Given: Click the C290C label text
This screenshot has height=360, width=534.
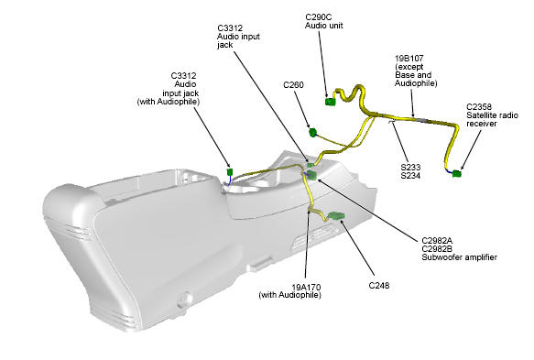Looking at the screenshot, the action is (x=318, y=17).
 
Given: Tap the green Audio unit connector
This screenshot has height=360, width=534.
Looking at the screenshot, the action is (x=330, y=102).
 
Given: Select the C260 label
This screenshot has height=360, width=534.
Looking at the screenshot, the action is (x=293, y=85).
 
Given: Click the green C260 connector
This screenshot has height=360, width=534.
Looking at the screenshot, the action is (x=312, y=132).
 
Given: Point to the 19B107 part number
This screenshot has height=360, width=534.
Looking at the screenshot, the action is (x=409, y=59).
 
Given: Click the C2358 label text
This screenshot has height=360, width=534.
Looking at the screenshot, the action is (x=479, y=106).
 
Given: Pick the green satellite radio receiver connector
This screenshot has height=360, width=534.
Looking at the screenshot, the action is (x=457, y=174).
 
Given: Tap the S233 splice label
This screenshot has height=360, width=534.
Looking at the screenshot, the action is (x=410, y=168).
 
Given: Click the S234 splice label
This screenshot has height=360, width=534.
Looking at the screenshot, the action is (x=410, y=176).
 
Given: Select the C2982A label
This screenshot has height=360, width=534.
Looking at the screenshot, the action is (x=437, y=241).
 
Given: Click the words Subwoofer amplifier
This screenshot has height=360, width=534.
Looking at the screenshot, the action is (x=459, y=257).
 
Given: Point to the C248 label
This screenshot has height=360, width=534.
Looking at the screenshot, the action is (x=378, y=286).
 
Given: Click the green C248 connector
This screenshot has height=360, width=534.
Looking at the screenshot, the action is (x=336, y=215).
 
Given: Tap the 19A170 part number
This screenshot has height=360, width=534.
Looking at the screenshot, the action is (x=306, y=287).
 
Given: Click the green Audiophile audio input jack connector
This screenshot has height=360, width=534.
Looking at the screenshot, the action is (x=230, y=171).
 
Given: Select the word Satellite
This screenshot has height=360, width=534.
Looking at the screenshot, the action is (x=479, y=115).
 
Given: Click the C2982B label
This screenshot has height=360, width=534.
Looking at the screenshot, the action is (x=437, y=249).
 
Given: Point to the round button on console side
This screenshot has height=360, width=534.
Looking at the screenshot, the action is (x=185, y=299).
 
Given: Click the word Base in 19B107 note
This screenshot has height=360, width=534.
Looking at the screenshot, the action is (x=404, y=75).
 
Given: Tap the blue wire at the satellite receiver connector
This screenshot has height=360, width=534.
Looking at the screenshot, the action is (x=449, y=171).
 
